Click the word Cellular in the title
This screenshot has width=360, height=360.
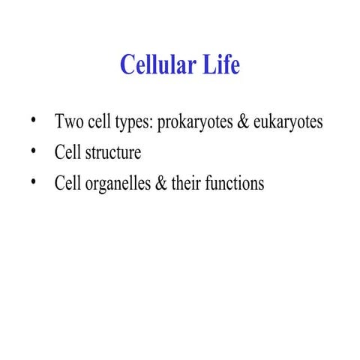(x=157, y=65)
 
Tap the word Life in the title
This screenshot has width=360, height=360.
(x=220, y=65)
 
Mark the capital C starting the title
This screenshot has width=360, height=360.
(x=127, y=65)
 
